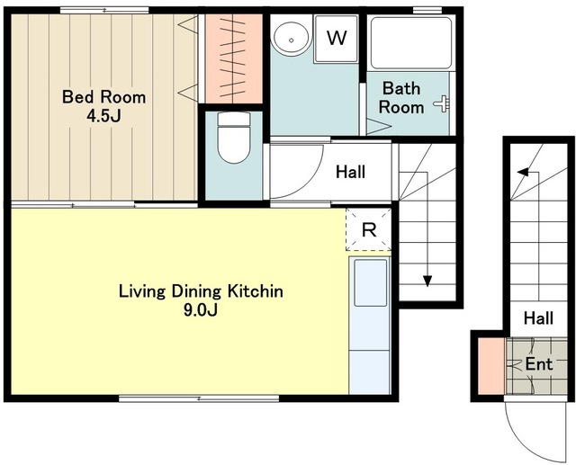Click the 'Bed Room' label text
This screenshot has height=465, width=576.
coord(104,97)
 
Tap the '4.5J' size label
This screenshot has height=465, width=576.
coord(103,116)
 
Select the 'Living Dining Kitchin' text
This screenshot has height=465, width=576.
coord(201,291)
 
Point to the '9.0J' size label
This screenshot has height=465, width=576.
coord(201,310)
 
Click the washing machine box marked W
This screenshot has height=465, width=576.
coord(336,39)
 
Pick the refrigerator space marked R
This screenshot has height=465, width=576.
coord(368,229)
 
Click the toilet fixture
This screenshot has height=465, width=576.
coord(234,138)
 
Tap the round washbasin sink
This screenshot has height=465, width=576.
coord(292,39)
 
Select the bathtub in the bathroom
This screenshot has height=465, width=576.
coord(411,43)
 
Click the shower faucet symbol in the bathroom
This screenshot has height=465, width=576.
coord(442,103)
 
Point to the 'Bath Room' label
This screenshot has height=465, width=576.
coord(401,98)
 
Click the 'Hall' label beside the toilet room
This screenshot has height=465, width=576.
coord(350,172)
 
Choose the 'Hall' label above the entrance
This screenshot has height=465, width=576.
coord(538,317)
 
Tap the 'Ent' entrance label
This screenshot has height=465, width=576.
coord(539,364)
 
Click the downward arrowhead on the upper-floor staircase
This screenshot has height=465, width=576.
coord(427,281)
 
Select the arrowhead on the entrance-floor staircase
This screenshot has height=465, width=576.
coord(523,172)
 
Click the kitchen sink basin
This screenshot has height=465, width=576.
coord(370,282)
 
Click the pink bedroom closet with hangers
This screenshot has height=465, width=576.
coord(234,58)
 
